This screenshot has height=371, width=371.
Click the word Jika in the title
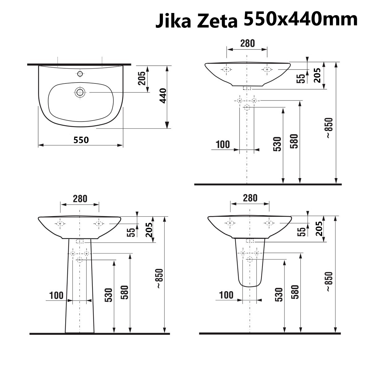click(x=173, y=21)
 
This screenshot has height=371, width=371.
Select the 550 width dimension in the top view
click(x=81, y=140)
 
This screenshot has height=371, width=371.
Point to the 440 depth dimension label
click(x=163, y=96)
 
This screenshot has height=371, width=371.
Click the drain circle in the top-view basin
click(x=80, y=92)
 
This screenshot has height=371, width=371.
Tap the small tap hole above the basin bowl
click(x=80, y=74)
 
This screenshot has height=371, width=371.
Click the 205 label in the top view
click(x=142, y=78)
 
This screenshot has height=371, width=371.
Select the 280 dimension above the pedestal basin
click(x=80, y=199)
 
